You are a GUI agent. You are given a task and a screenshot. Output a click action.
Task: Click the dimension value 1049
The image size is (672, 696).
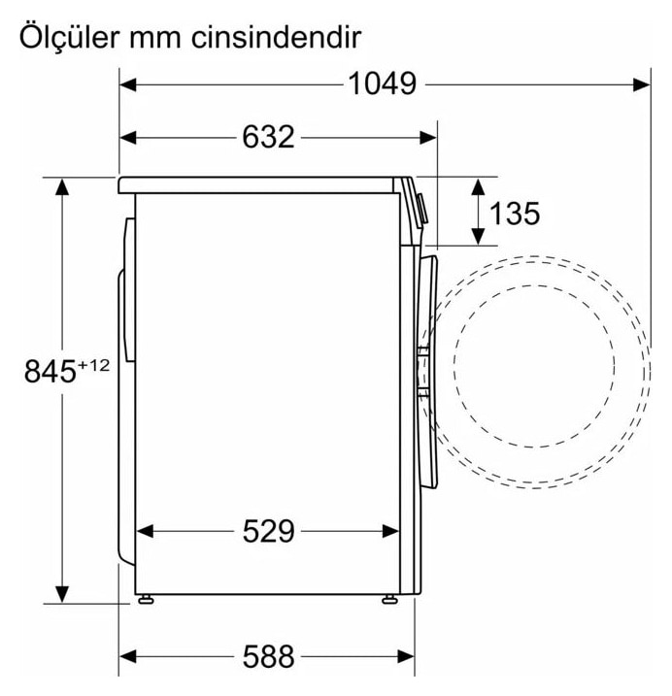(382, 83)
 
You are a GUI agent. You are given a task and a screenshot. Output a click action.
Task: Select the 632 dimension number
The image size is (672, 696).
(268, 137)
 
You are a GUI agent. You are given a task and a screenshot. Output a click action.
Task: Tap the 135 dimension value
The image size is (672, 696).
(515, 213)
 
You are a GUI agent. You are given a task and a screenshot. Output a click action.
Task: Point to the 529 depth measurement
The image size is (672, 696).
(268, 531)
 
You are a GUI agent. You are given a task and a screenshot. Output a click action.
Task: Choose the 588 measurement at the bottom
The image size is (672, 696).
(268, 656)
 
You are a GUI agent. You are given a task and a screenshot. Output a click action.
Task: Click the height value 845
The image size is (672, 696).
(50, 372)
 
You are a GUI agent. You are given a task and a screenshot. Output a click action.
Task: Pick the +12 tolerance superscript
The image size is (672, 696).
(94, 365)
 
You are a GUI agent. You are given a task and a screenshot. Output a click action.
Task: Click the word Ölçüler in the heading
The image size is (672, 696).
(69, 37)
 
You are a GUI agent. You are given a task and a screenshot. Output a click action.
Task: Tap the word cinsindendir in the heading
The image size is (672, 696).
(276, 38)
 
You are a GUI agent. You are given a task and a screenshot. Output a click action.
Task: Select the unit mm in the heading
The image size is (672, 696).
(155, 40)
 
